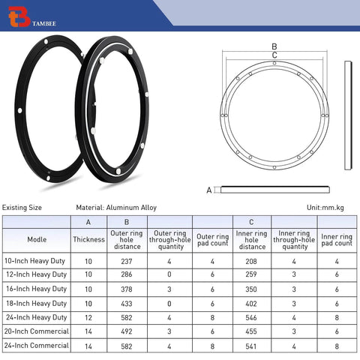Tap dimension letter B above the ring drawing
pos(274,46)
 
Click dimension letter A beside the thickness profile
pos(209,190)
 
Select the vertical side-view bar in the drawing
pos(346,116)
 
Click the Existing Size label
pos(22,208)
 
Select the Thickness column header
pos(88,240)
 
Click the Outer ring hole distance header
pos(126,240)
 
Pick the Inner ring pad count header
pos(337,240)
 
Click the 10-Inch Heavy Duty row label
pos(36,261)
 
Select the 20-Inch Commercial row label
pos(36,332)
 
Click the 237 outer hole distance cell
pos(126,261)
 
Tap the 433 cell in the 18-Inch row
pos(126,304)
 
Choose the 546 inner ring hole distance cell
pos(251,318)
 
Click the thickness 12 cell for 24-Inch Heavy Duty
pos(88,318)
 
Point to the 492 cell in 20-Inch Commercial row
pos(126,332)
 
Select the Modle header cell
pos(36,240)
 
